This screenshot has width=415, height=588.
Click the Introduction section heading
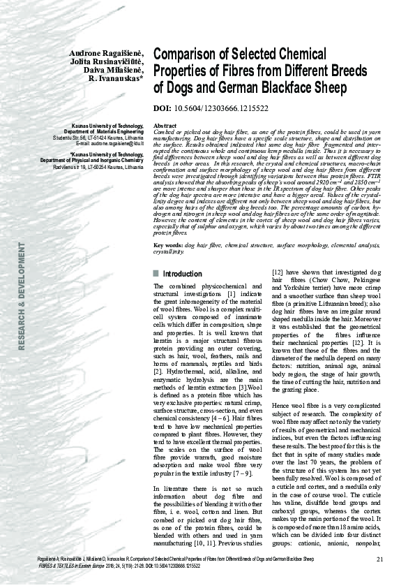(x=183, y=274)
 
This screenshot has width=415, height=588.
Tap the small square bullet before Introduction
(x=156, y=274)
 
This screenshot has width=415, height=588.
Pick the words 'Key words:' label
(x=168, y=246)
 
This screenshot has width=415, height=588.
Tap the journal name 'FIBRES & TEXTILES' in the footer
(x=42, y=566)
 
